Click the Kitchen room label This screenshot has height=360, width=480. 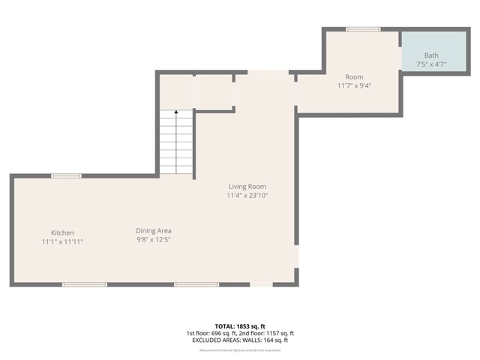pyautogui.click(x=62, y=232)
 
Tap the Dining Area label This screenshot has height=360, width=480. pyautogui.click(x=154, y=230)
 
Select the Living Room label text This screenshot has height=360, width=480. pyautogui.click(x=247, y=187)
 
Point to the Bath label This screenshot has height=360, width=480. pyautogui.click(x=431, y=55)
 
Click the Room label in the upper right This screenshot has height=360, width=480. pyautogui.click(x=354, y=77)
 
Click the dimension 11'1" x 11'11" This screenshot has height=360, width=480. pyautogui.click(x=62, y=241)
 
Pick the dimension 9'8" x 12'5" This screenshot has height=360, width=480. pyautogui.click(x=154, y=239)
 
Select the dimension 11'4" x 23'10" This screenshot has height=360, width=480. pyautogui.click(x=247, y=196)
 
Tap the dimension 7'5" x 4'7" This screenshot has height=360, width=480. pyautogui.click(x=431, y=64)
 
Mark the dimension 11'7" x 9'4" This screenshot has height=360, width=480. pyautogui.click(x=354, y=85)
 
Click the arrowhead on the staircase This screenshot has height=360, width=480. pyautogui.click(x=176, y=113)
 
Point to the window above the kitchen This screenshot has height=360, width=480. pyautogui.click(x=66, y=176)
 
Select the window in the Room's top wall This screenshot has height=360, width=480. pyautogui.click(x=363, y=29)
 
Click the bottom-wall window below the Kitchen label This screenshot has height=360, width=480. pyautogui.click(x=84, y=284)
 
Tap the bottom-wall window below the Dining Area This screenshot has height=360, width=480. pyautogui.click(x=196, y=284)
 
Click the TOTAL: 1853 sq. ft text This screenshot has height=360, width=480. pyautogui.click(x=240, y=326)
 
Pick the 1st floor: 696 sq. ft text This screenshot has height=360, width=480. pyautogui.click(x=212, y=333)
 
